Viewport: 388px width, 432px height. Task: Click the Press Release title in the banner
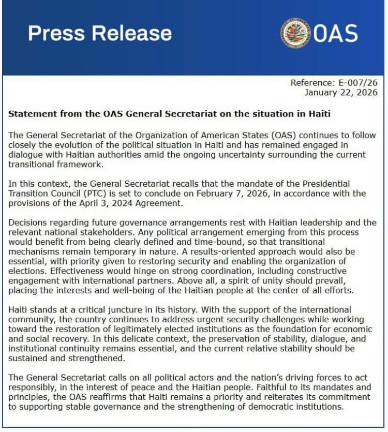[100, 33]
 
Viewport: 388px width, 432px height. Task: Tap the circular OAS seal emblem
[295, 33]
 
